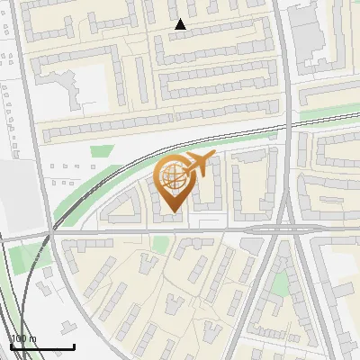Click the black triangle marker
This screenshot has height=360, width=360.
tap(180, 24)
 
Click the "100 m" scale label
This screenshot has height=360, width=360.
tap(24, 338)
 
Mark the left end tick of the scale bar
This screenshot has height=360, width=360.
tap(11, 346)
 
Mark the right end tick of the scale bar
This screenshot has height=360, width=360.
tap(74, 346)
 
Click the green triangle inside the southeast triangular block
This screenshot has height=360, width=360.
tap(281, 284)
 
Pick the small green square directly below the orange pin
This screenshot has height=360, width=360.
tap(161, 244)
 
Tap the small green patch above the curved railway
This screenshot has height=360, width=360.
tap(103, 151)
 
